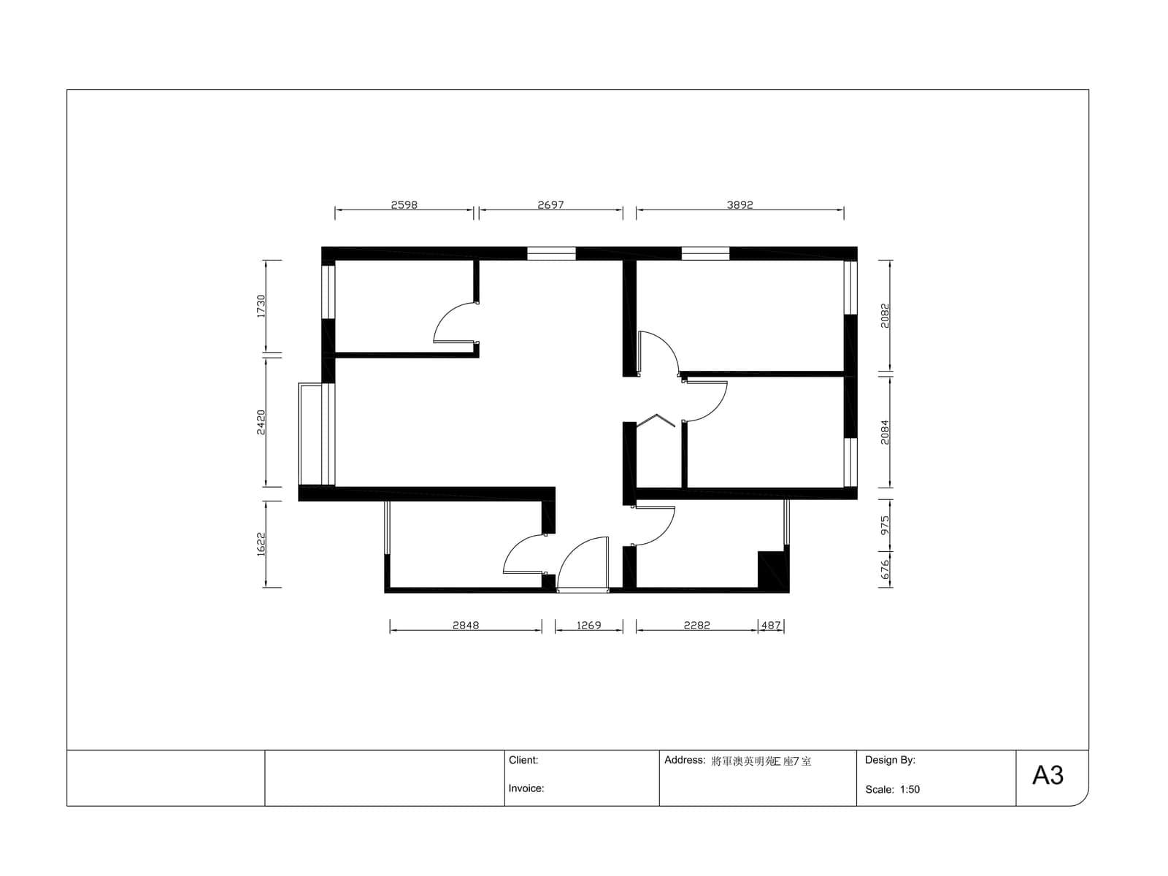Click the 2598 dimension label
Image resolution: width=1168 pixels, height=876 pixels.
(404, 205)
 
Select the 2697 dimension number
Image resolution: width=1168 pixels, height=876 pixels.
(550, 205)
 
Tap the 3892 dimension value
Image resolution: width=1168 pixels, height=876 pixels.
(739, 205)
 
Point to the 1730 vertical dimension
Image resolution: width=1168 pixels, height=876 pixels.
(261, 307)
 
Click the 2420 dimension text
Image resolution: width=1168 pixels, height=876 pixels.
(261, 422)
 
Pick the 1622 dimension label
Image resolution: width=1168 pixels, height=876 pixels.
(261, 544)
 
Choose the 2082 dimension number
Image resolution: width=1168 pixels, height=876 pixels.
(884, 315)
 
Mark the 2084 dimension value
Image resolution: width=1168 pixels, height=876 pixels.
(884, 432)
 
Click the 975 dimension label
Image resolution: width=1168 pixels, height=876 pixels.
(884, 526)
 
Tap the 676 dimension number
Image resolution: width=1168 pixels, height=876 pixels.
(884, 569)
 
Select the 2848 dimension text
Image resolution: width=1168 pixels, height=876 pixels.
(466, 626)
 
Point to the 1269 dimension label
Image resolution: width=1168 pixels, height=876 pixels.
(588, 626)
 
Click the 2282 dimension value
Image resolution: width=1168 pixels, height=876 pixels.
(696, 626)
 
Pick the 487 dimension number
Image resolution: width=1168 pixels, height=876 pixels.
(771, 626)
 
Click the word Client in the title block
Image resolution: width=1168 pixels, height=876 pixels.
(523, 760)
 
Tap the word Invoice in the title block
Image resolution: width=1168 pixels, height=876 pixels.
(526, 788)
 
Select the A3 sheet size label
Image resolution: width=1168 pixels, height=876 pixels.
(1048, 775)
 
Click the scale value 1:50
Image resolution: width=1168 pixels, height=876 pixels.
(910, 789)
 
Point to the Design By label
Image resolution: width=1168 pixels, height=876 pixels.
(890, 760)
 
